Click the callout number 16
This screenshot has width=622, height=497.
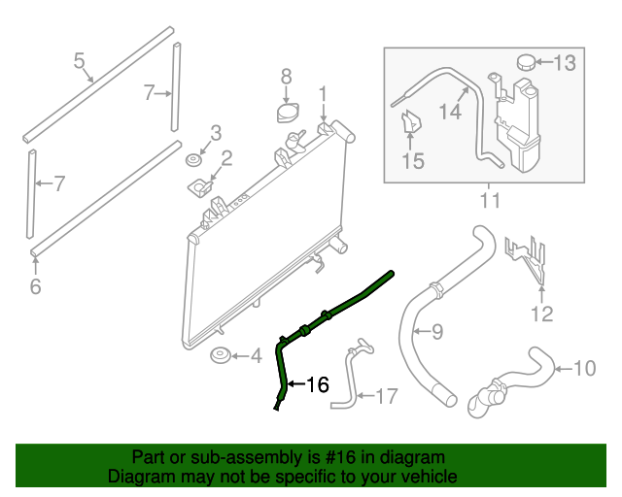click(x=318, y=384)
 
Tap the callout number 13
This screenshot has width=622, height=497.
click(x=565, y=64)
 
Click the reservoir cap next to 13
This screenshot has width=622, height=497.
click(x=526, y=62)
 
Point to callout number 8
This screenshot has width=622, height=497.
click(x=286, y=76)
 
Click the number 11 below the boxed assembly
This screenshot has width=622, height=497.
click(x=490, y=201)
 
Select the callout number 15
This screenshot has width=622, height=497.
click(x=413, y=161)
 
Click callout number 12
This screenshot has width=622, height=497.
click(x=541, y=313)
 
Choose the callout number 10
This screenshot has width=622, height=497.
click(x=583, y=369)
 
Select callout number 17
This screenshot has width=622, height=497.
click(x=386, y=395)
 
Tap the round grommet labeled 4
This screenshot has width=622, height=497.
click(x=221, y=358)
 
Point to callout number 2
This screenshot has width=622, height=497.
click(x=225, y=158)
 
